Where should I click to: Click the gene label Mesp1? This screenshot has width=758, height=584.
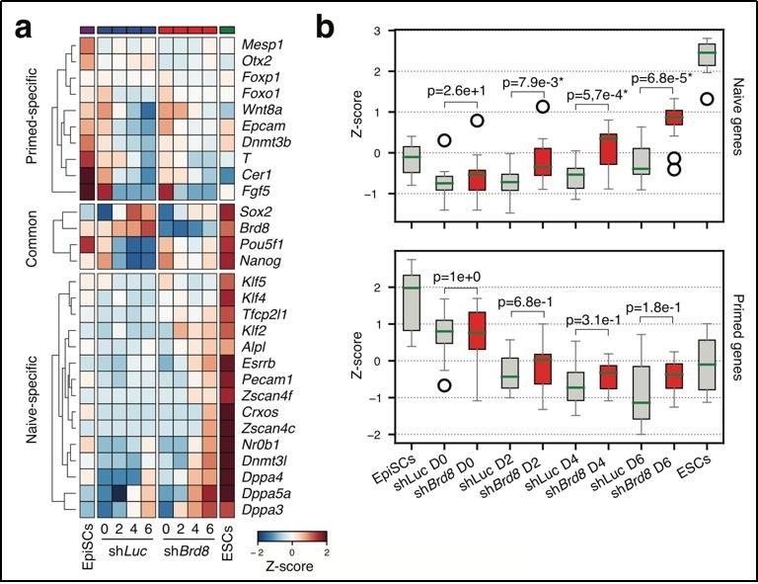tap(262, 44)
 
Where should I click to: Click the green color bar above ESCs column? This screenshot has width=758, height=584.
tap(229, 29)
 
